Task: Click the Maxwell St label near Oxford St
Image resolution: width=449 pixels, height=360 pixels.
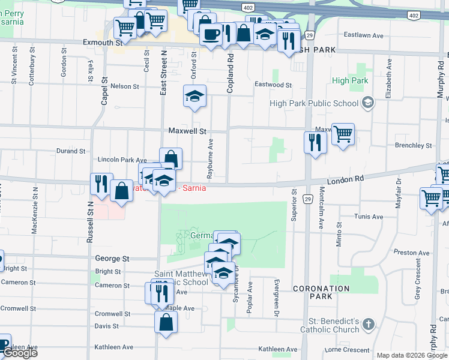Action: coord(187,130)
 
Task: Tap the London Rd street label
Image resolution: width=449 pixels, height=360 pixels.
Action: coord(345,179)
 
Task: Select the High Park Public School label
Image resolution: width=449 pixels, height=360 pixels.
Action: coord(314,103)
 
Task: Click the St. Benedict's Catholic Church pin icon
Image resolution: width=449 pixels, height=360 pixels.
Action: coord(368,325)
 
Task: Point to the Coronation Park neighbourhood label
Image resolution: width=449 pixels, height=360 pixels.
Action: coord(321,292)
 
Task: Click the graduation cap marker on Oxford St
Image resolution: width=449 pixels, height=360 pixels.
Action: coord(194,96)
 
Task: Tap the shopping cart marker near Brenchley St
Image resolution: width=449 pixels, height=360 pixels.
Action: coord(343,134)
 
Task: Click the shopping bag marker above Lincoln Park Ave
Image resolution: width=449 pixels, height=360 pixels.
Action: coord(170,159)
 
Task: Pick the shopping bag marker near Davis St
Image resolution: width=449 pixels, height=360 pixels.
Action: coord(166,322)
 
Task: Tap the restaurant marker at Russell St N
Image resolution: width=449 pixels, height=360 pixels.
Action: coord(101,184)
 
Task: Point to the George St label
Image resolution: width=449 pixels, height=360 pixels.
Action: coord(112,259)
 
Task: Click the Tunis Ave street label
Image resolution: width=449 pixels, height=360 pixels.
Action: coord(369,217)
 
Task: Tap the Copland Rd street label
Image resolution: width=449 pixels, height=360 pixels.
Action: coord(230,72)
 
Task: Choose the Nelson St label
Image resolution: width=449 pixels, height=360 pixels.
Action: coord(125,86)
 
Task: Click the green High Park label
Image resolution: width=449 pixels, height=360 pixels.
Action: coord(349,81)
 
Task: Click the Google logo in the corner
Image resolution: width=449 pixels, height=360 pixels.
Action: coord(20,353)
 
